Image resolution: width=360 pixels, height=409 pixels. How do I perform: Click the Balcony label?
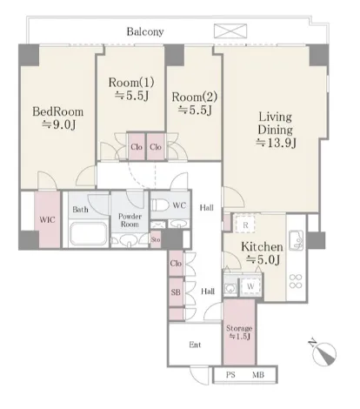coord(145,31)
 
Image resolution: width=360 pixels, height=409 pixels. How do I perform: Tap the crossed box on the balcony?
coord(230,31)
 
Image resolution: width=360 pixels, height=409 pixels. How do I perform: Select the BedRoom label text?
coord(57,111)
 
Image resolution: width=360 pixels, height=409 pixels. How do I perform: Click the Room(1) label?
coord(131,83)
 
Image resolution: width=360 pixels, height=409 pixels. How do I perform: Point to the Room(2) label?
coord(195,97)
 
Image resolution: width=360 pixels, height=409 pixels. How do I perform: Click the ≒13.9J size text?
coord(276,143)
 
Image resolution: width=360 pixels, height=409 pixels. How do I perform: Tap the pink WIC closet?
coord(47,219)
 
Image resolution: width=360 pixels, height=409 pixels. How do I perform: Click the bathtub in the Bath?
coord(88,234)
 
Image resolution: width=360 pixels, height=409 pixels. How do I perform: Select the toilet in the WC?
coord(160,205)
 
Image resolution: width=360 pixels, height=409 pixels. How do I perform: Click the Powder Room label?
coord(130,220)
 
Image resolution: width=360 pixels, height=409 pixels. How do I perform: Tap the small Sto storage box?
coord(156,240)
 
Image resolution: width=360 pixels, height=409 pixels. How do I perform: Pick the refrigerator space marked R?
coord(245,223)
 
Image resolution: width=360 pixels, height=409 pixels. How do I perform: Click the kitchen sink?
coord(296,240)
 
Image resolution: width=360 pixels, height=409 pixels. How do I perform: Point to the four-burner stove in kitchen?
coord(296,281)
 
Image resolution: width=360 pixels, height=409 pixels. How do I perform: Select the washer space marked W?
coord(250,287)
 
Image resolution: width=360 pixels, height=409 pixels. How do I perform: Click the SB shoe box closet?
coord(176,292)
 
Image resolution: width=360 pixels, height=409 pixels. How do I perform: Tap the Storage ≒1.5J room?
coord(239,332)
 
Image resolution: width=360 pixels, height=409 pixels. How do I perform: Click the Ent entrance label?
coord(195,345)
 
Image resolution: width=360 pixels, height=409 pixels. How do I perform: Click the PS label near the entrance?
coord(230,375)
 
